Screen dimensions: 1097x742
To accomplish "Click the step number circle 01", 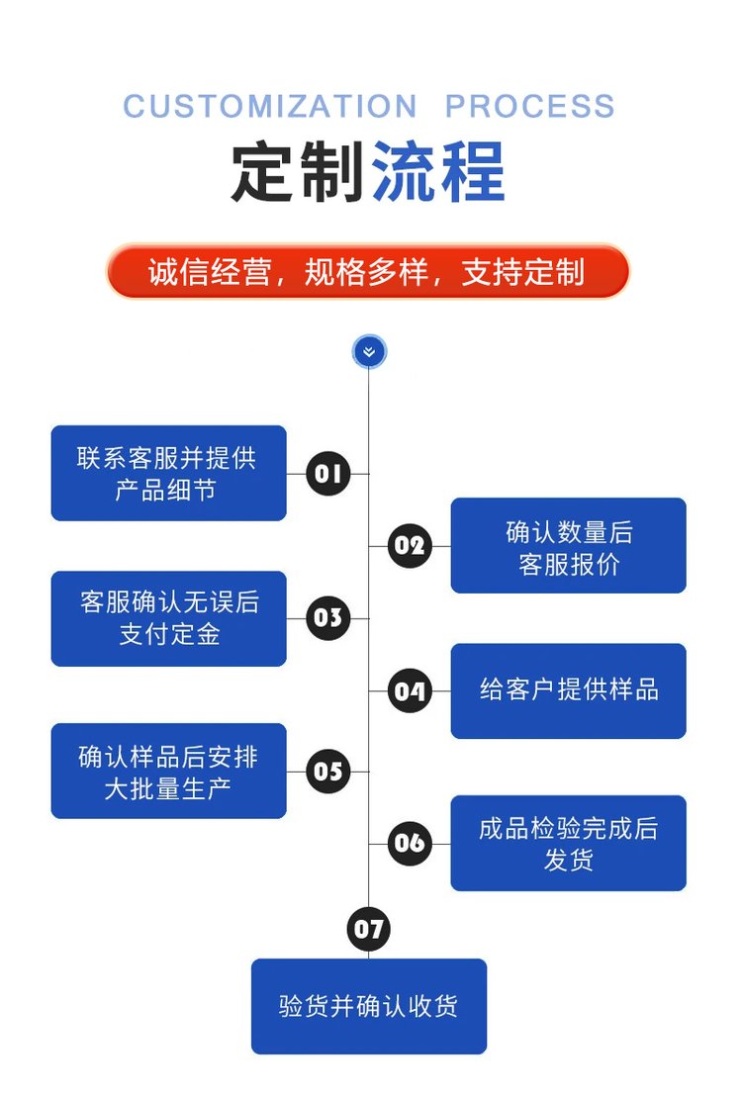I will pyautogui.click(x=327, y=473).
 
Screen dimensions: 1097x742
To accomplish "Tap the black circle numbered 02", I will pyautogui.click(x=409, y=545).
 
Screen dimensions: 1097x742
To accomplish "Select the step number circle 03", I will pyautogui.click(x=327, y=618).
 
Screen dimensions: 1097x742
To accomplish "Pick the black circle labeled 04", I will pyautogui.click(x=409, y=690).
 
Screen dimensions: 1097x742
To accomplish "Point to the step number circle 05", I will pyautogui.click(x=327, y=771).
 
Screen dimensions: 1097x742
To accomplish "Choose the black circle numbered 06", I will pyautogui.click(x=409, y=843).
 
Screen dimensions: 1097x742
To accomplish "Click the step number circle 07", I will pyautogui.click(x=368, y=929).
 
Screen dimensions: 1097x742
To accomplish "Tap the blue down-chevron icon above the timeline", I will pyautogui.click(x=369, y=351).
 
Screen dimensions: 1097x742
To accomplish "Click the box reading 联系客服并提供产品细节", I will pyautogui.click(x=168, y=473).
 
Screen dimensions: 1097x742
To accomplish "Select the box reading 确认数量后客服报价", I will pyautogui.click(x=568, y=545).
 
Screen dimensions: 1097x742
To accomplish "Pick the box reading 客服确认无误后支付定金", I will pyautogui.click(x=168, y=618).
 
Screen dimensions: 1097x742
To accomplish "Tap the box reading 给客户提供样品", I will pyautogui.click(x=568, y=690).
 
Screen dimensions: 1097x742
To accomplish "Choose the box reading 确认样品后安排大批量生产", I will pyautogui.click(x=168, y=771).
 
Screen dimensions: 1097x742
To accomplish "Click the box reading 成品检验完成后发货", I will pyautogui.click(x=568, y=843).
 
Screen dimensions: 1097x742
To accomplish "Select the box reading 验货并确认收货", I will pyautogui.click(x=368, y=1006).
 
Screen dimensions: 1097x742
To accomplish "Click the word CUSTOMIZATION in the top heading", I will pyautogui.click(x=270, y=106).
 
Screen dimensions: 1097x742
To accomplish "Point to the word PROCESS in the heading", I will pyautogui.click(x=529, y=106).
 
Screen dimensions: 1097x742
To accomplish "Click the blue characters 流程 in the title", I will pyautogui.click(x=438, y=173).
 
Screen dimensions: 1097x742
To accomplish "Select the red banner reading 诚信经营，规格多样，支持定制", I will pyautogui.click(x=368, y=271).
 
